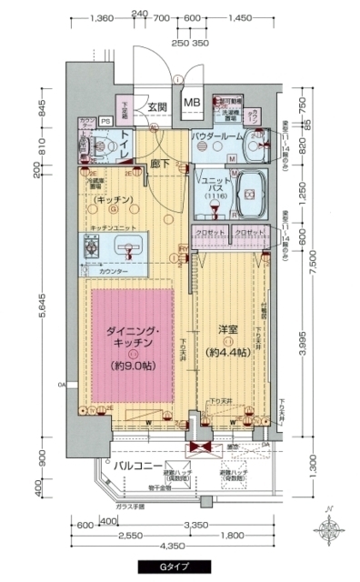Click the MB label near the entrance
point(193,103)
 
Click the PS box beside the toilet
point(105,119)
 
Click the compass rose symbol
point(328,529)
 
